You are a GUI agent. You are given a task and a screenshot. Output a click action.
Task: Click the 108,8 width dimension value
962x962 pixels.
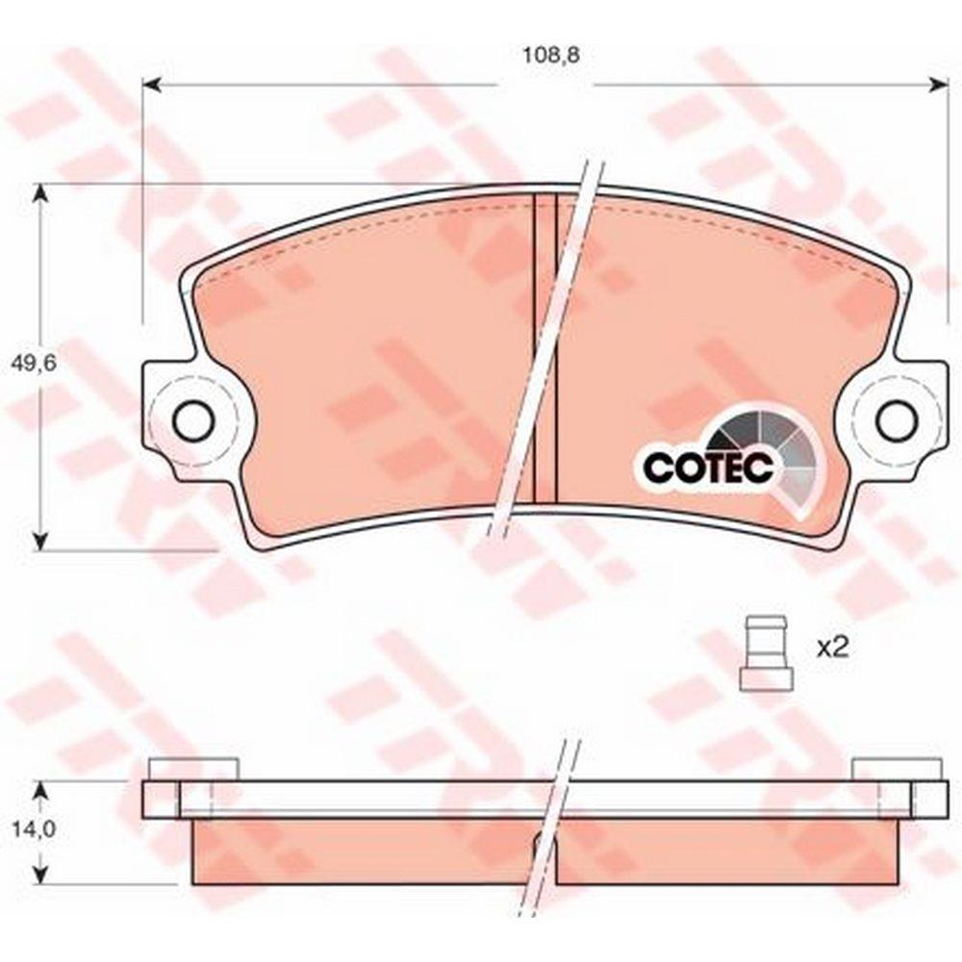click(x=551, y=55)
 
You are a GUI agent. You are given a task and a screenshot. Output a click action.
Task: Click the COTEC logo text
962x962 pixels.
click(x=707, y=468)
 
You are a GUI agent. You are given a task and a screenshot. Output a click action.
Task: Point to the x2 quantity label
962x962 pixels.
click(x=832, y=648)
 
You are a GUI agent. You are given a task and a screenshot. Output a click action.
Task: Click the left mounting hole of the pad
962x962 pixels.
click(x=193, y=420)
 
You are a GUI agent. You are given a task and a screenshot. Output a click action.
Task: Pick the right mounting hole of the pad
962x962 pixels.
click(x=897, y=420)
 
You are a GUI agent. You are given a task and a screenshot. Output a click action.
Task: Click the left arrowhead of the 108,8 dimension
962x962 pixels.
click(x=152, y=85)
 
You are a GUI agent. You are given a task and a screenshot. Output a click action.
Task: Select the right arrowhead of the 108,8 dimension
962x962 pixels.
click(x=939, y=85)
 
